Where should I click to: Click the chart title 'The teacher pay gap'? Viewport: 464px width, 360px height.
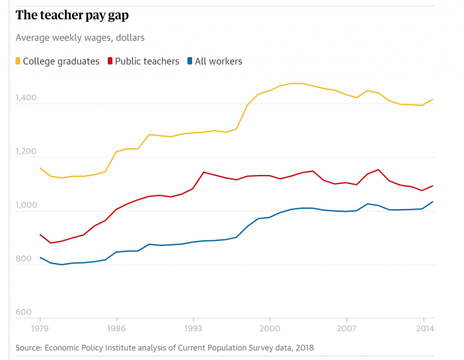(72, 15)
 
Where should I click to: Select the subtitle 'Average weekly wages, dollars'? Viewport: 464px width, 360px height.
(80, 38)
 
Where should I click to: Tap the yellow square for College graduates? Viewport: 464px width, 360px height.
(18, 61)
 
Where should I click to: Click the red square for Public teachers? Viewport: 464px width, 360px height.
(110, 61)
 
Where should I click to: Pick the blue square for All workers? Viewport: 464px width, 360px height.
(190, 61)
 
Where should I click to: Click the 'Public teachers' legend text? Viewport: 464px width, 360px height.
(147, 61)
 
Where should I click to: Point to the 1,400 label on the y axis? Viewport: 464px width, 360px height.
(24, 97)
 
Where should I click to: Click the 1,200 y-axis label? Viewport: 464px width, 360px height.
(24, 151)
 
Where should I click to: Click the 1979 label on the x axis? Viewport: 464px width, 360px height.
(40, 328)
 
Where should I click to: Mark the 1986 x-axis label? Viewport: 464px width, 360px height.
(117, 328)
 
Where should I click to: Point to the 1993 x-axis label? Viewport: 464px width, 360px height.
(193, 328)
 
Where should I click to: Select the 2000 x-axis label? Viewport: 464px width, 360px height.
(270, 328)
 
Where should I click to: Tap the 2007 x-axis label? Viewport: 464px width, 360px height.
(347, 328)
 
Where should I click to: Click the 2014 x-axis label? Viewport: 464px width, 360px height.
(423, 328)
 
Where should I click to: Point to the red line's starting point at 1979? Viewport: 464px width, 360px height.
(40, 235)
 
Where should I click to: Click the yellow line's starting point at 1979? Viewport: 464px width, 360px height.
(40, 168)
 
